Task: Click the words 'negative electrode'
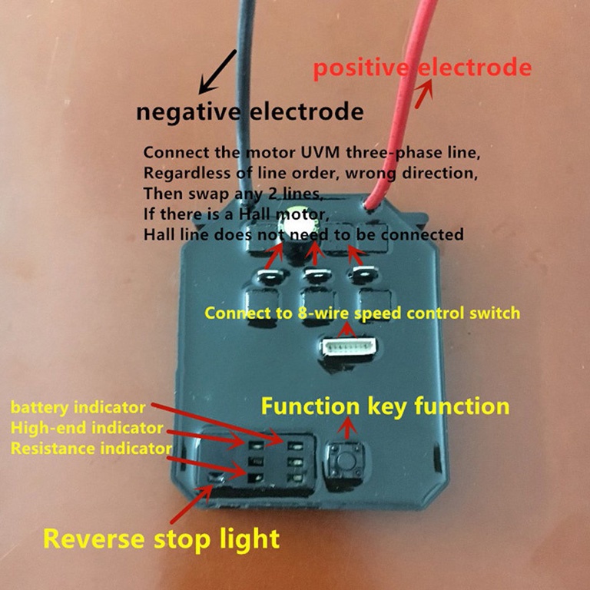pos(250,112)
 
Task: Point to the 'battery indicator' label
pos(78,406)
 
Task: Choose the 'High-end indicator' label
pos(86,427)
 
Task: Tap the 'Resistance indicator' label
pos(91,447)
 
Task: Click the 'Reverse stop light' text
pos(161,537)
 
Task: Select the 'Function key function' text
pos(386,405)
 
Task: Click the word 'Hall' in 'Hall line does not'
pos(158,234)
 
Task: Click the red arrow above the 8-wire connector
pos(350,330)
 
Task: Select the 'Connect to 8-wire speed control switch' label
pos(362,313)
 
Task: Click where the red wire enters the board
pos(371,205)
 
